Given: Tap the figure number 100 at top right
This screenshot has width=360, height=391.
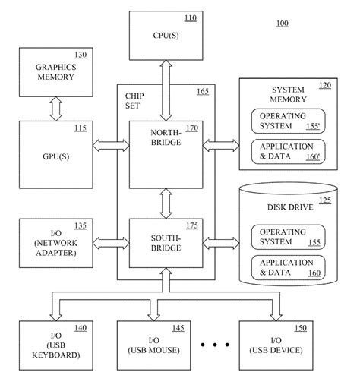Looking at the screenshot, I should pyautogui.click(x=282, y=24).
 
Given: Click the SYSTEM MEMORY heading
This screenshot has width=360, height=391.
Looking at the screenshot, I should pyautogui.click(x=289, y=95).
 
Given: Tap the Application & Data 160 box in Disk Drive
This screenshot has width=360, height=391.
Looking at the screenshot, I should pyautogui.click(x=283, y=267).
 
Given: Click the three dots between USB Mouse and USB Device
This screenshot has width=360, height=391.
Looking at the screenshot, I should pyautogui.click(x=216, y=345).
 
